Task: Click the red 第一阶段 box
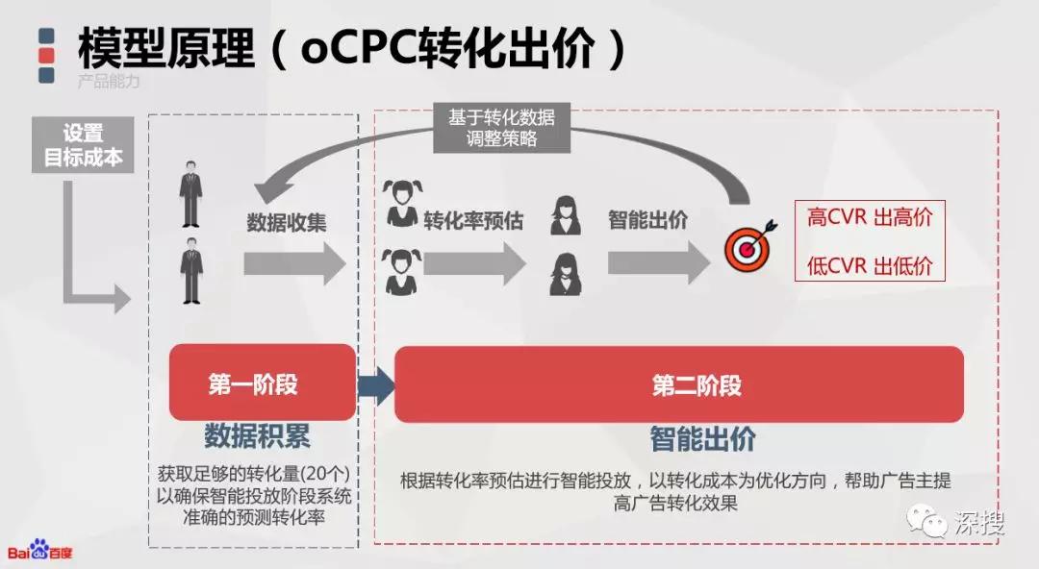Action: click(x=253, y=384)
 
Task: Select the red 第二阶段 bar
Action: click(x=678, y=384)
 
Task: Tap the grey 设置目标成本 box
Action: click(x=84, y=146)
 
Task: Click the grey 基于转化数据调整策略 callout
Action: click(x=501, y=127)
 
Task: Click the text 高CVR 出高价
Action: click(x=870, y=217)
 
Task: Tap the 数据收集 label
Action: click(x=287, y=222)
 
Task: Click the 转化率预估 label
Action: click(x=473, y=220)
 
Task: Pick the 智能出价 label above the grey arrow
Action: click(x=647, y=220)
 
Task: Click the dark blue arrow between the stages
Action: click(x=376, y=385)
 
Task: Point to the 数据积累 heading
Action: click(x=257, y=438)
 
